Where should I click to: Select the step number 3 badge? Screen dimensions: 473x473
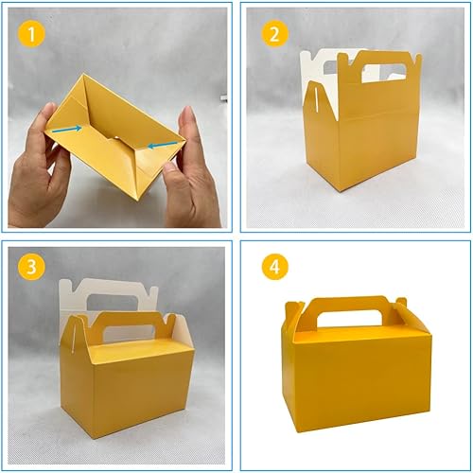pyautogui.click(x=32, y=268)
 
